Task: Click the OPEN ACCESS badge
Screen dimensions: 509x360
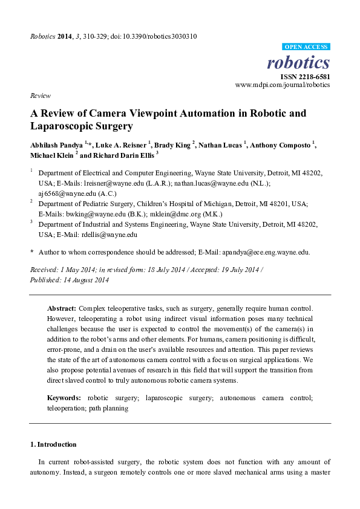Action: point(306,47)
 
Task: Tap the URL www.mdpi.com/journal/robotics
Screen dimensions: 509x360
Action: point(283,85)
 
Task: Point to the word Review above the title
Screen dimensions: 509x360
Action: point(39,96)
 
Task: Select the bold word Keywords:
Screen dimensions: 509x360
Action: point(64,398)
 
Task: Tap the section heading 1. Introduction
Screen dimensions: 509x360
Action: point(53,445)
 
